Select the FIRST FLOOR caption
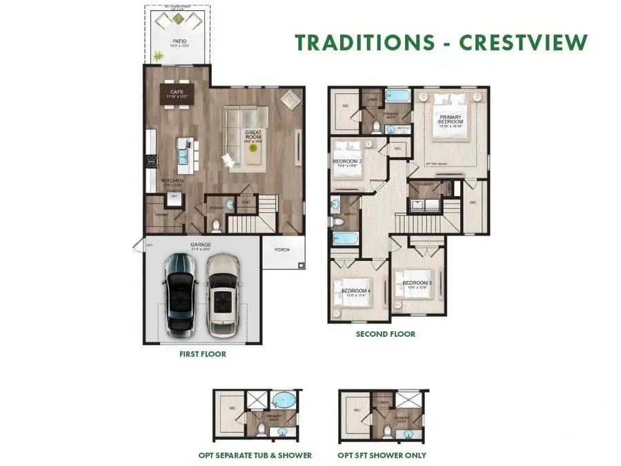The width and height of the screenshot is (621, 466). point(203,354)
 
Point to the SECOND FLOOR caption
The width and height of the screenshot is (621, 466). point(386,334)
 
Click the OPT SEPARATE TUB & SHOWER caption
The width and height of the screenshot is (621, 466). point(255,455)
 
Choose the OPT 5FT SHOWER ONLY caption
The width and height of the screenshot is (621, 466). point(382,455)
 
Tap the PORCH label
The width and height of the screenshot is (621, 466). point(282,250)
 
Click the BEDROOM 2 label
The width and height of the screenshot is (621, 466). point(347,162)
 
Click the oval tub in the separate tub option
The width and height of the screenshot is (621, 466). point(282,402)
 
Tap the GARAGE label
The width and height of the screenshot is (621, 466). point(200,244)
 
